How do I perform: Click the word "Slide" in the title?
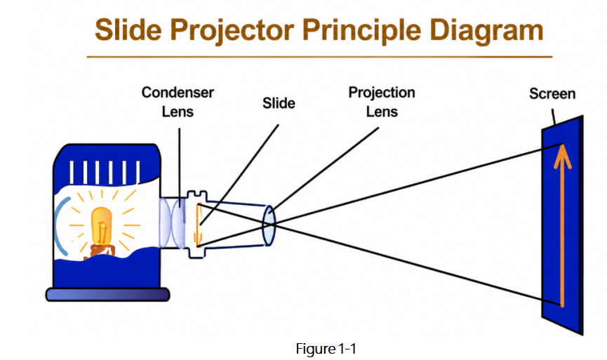(x=128, y=29)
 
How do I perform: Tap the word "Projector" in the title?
(x=232, y=32)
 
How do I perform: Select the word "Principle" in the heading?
(x=361, y=32)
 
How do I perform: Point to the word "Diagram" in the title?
(x=486, y=32)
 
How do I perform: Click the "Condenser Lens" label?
(x=178, y=102)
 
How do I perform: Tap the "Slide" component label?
(x=279, y=103)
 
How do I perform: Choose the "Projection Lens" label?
(x=382, y=102)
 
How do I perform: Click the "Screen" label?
(x=552, y=93)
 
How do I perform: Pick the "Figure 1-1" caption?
(x=326, y=349)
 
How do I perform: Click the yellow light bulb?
(x=102, y=227)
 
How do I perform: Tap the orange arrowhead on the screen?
(x=563, y=156)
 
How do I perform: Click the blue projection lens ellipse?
(x=269, y=226)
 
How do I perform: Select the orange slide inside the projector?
(x=199, y=225)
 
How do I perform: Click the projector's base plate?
(x=107, y=295)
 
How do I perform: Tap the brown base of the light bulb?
(x=100, y=251)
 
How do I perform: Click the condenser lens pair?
(x=172, y=223)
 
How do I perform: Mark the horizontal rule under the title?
(x=319, y=57)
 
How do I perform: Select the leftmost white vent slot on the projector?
(x=72, y=172)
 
